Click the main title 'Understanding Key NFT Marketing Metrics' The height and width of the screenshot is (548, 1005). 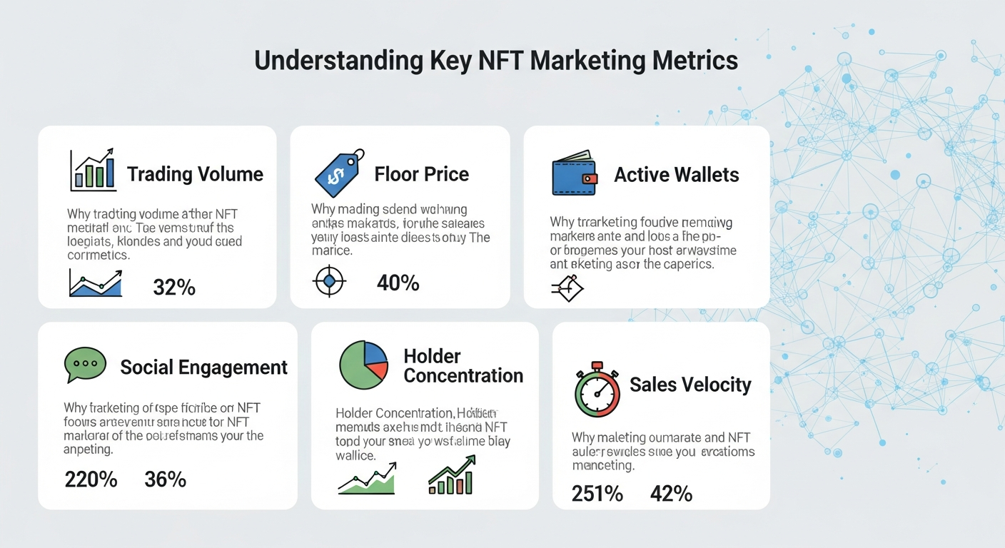[495, 61]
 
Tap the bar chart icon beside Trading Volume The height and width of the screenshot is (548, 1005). [93, 171]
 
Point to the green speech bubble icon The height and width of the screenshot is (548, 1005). [85, 365]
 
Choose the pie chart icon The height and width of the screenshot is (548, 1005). [363, 365]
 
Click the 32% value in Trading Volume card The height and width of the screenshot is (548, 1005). [174, 287]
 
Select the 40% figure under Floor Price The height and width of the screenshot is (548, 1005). [398, 283]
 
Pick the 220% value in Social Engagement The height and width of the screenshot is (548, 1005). [91, 479]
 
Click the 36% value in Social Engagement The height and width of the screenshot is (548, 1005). [165, 479]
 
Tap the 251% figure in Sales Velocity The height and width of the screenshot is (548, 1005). [597, 493]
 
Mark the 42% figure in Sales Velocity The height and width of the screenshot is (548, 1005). [671, 493]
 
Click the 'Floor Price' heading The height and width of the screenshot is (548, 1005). [421, 174]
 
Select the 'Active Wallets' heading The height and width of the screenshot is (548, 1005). [677, 175]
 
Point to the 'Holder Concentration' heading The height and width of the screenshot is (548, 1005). [463, 365]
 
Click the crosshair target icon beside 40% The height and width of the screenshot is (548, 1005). [329, 281]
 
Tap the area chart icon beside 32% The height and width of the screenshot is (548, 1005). [96, 283]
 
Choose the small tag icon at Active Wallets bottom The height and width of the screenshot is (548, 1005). [567, 288]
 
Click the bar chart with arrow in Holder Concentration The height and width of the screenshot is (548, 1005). [452, 475]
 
